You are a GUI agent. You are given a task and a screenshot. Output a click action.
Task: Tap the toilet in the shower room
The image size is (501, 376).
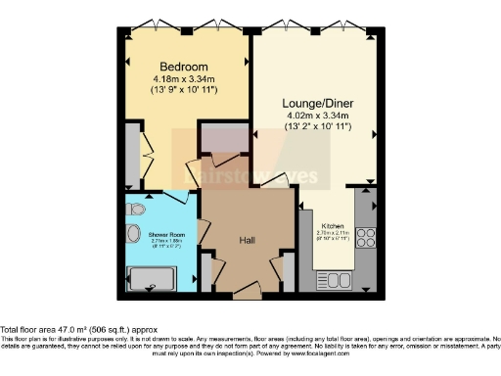click(135, 210)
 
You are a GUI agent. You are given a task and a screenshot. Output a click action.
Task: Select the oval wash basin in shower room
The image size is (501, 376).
click(132, 235)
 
